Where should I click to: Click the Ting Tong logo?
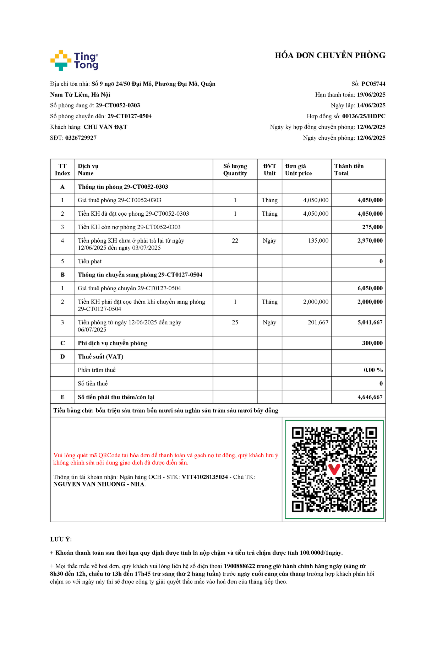click(74, 60)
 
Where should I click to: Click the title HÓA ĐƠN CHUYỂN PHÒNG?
click(330, 55)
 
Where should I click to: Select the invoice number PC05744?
click(373, 84)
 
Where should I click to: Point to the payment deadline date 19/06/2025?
click(371, 95)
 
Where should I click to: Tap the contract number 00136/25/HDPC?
click(364, 116)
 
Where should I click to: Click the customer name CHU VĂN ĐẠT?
click(105, 127)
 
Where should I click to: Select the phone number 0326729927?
click(81, 138)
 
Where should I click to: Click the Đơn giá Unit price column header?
click(298, 169)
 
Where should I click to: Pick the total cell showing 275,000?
click(372, 227)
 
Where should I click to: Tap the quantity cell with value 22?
click(235, 241)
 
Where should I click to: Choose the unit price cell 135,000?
click(318, 241)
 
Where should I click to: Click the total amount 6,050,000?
click(370, 288)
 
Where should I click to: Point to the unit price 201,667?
click(318, 322)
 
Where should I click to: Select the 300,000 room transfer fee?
click(372, 343)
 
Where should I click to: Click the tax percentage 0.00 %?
click(373, 370)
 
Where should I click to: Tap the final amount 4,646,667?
click(370, 397)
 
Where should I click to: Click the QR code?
click(334, 469)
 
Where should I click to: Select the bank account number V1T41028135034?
click(205, 477)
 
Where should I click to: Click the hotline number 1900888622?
click(239, 566)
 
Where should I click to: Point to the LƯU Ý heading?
click(61, 539)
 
